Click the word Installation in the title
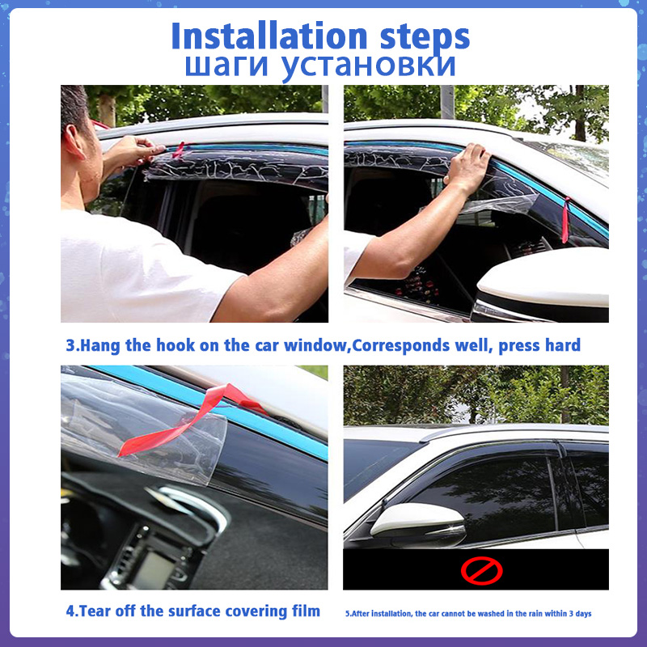269,36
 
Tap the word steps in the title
425,39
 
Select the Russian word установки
368,67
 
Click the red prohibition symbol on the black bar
481,571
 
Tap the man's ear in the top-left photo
74,142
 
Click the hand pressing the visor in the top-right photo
467,168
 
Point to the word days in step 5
583,614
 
